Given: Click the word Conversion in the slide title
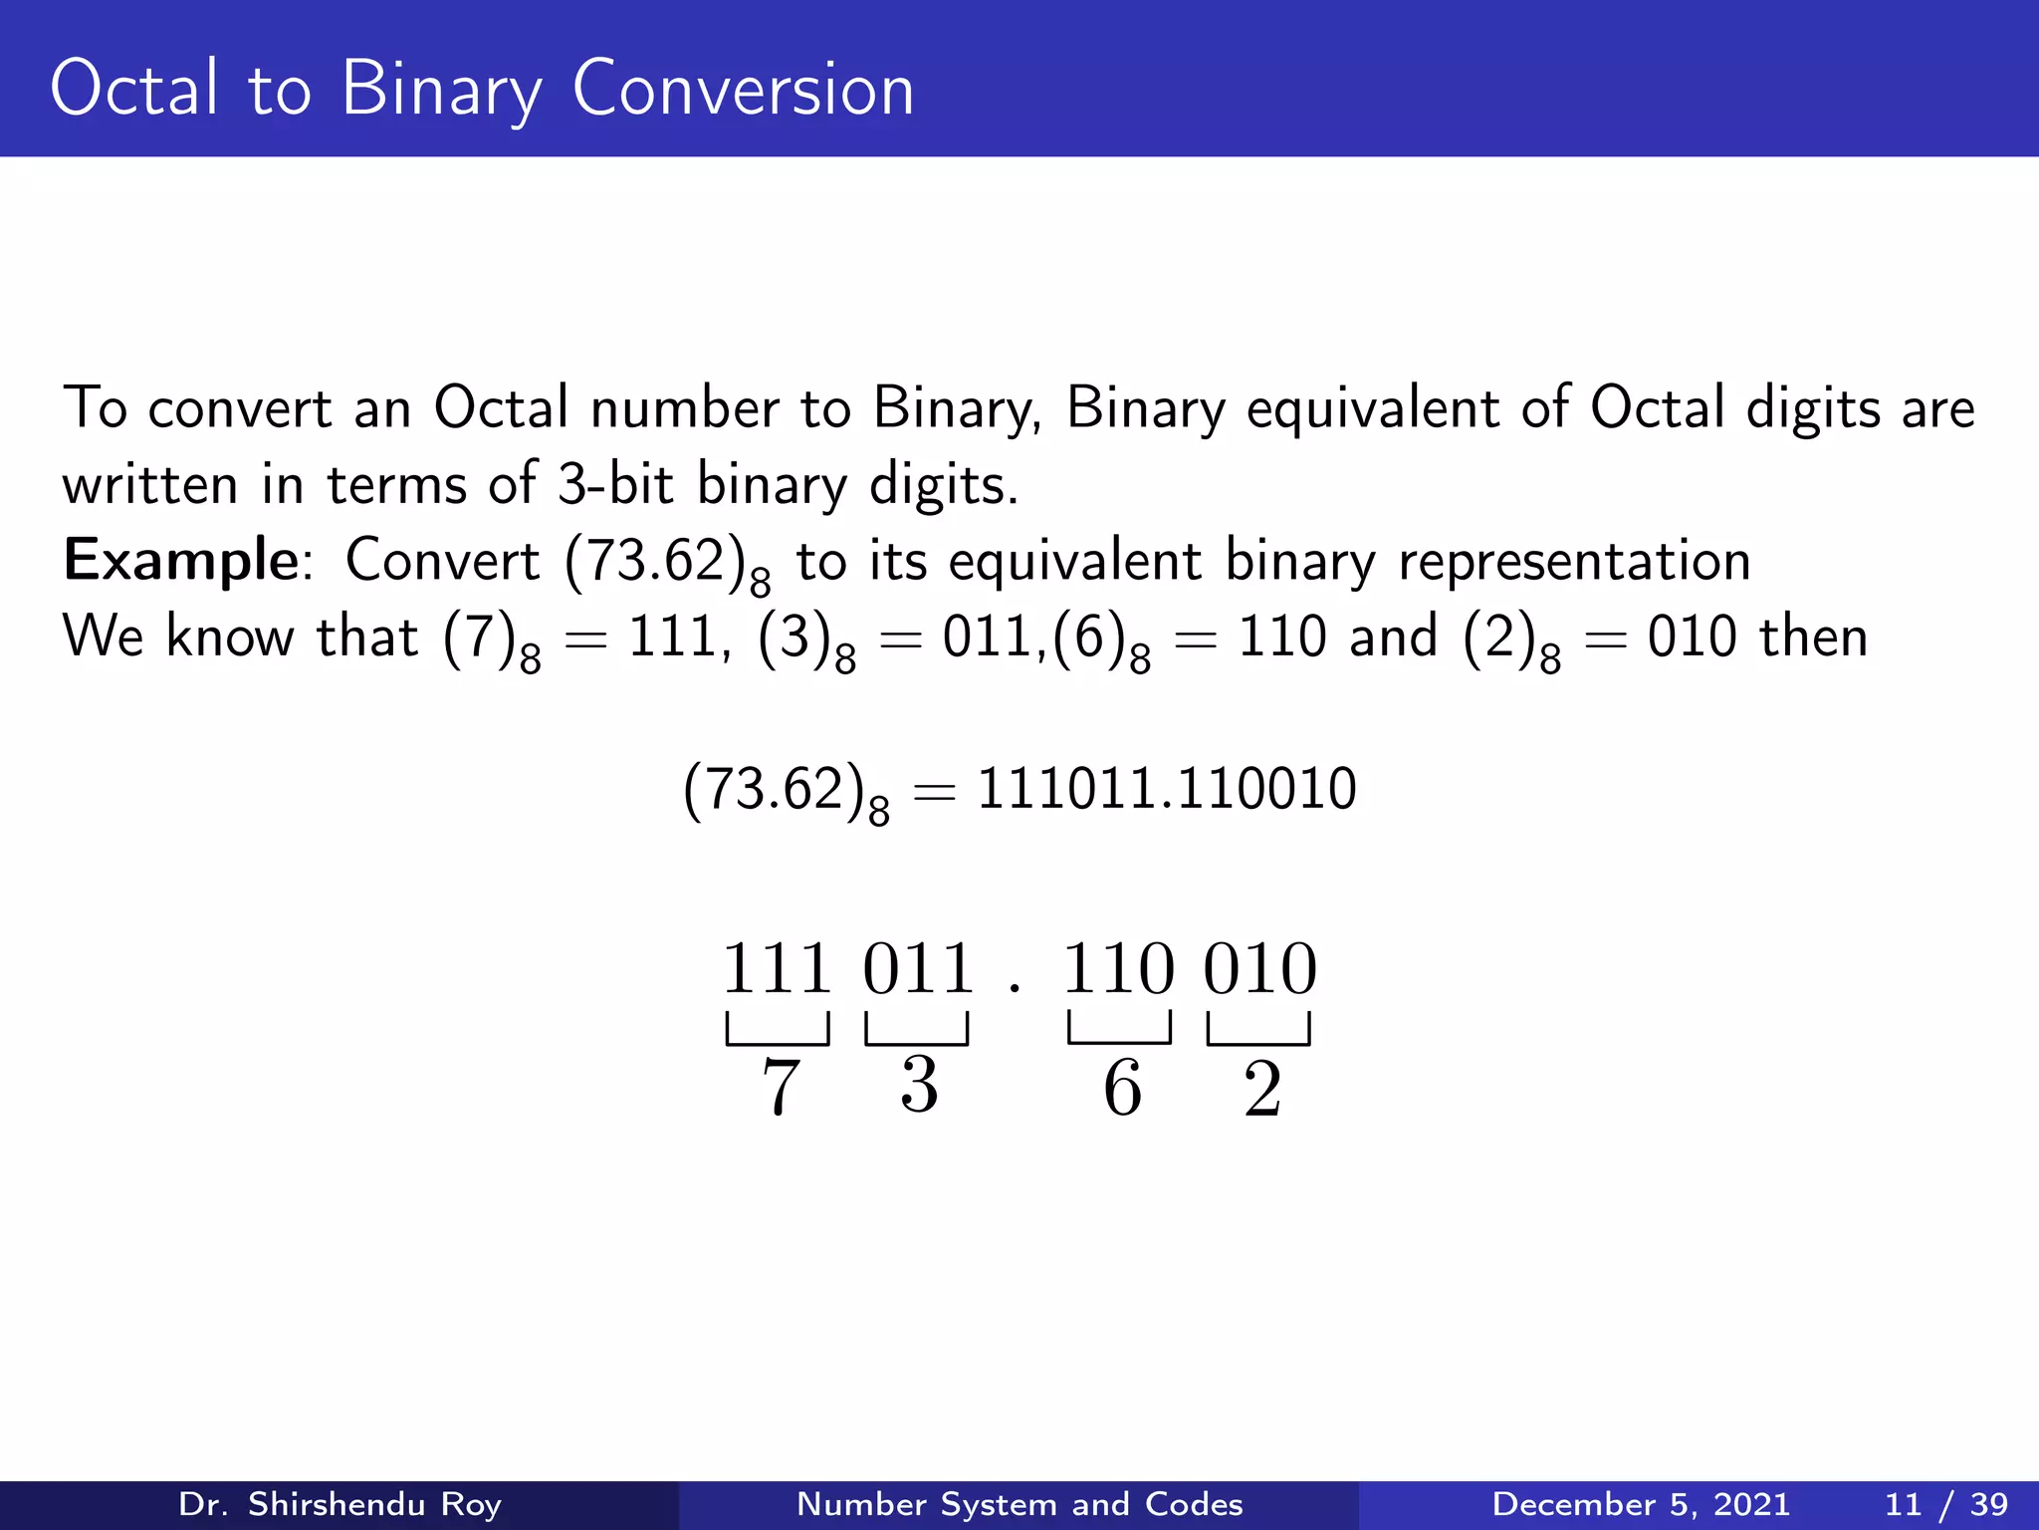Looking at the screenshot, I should coord(743,90).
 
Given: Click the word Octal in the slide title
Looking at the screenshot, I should coord(133,90).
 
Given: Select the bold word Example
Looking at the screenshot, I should coord(180,560).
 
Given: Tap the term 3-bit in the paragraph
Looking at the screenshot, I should coord(614,485).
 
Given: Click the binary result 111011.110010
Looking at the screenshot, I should coord(1166,789).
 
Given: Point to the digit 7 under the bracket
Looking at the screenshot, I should coord(780,1087).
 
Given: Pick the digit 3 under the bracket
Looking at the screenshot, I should coord(919,1085).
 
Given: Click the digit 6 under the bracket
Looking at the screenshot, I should coord(1122,1087).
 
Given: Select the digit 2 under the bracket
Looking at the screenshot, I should coord(1261,1089).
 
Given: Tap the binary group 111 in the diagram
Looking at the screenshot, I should coord(777,968).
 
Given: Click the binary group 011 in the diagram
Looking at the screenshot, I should coord(918,968).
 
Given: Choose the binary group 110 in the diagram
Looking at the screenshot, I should coord(1119,968).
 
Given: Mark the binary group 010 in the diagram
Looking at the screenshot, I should coord(1259,968).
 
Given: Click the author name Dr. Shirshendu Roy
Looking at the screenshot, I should coord(340,1504).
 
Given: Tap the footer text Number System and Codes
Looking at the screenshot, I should coord(1019,1504).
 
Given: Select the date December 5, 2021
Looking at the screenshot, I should coord(1640,1504).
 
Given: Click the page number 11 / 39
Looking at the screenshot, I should coord(1946,1504).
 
